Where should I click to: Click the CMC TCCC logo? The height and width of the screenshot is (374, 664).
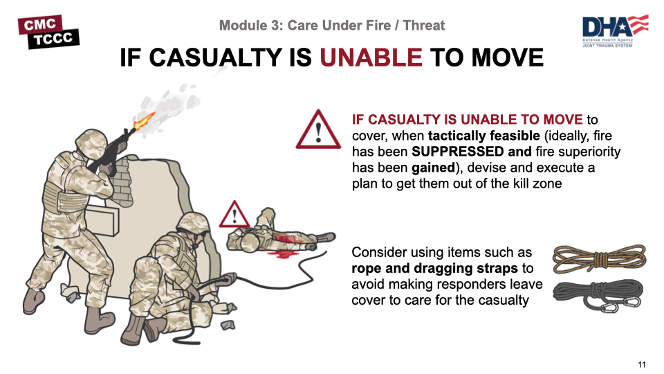coord(48,32)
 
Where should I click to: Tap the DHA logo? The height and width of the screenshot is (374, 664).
coord(615,31)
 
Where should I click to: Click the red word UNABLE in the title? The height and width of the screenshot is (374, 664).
coord(371,57)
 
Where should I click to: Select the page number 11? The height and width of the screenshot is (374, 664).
coord(642,364)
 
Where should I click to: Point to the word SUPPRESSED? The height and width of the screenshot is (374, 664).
coord(458,152)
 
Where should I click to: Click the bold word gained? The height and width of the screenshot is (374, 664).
coord(433,168)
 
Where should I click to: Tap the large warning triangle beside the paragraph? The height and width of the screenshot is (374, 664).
coord(318,130)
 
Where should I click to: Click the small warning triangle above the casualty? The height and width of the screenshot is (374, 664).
coord(234,214)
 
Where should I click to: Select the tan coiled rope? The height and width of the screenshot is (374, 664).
coord(599,258)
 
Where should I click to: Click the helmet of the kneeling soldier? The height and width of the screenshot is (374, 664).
coord(193,222)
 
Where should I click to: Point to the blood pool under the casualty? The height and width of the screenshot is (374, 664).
coord(282,254)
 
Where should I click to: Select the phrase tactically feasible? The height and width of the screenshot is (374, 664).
coord(484,136)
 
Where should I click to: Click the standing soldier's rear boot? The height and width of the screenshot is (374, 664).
coord(34,301)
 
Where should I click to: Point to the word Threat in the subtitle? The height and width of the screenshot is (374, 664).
coord(424,26)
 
